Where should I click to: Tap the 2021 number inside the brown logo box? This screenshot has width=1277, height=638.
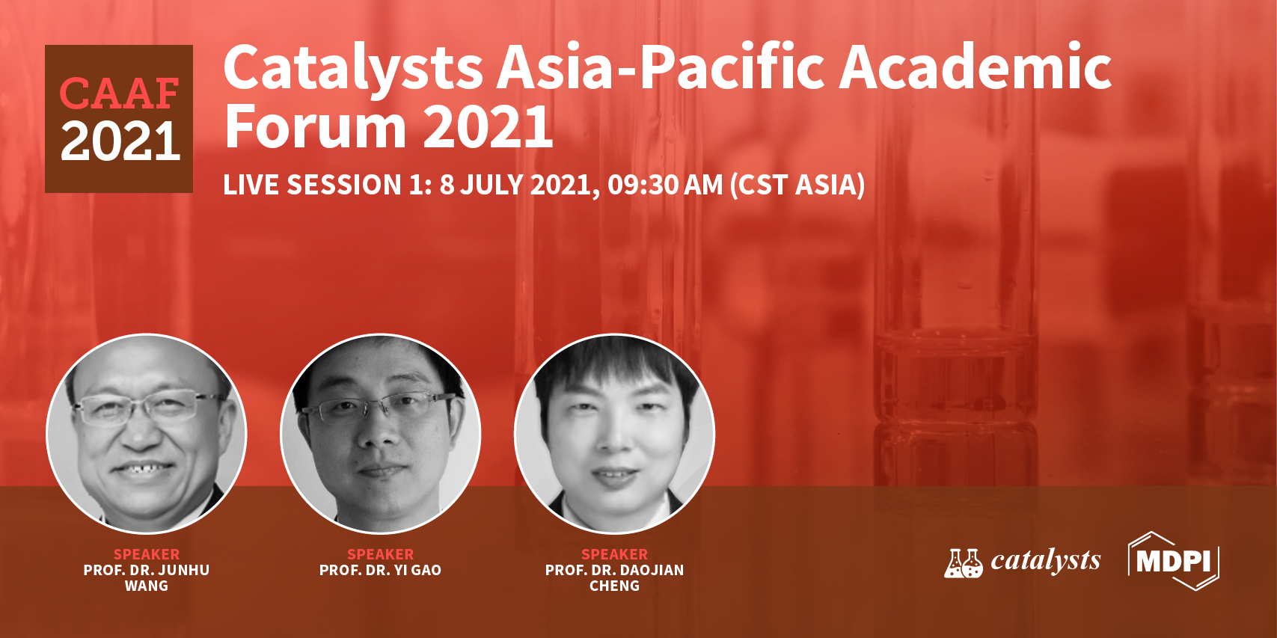tap(120, 141)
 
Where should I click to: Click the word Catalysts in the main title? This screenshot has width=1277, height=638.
tap(353, 69)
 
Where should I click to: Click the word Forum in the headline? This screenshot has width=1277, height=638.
tap(315, 126)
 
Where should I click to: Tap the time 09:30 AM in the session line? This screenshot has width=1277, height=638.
tap(665, 185)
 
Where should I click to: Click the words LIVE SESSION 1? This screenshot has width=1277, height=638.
tap(327, 185)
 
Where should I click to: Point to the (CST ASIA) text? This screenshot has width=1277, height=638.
tap(797, 185)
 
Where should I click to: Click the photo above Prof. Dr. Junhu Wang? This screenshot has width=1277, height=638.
tap(147, 434)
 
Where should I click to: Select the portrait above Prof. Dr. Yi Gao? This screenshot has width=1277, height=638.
tap(380, 434)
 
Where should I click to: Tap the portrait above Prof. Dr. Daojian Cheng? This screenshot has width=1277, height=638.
tap(614, 434)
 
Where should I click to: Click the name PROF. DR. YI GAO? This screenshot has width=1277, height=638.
tap(380, 570)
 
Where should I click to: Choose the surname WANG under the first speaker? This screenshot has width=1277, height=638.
tap(147, 586)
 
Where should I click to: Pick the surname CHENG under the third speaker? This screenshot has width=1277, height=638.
tap(614, 586)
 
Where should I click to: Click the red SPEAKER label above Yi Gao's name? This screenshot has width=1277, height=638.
tap(380, 554)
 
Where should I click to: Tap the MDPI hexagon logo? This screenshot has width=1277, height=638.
tap(1174, 561)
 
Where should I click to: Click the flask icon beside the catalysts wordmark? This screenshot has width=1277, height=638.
tap(964, 562)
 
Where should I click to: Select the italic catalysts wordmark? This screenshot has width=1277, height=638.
tap(1046, 561)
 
